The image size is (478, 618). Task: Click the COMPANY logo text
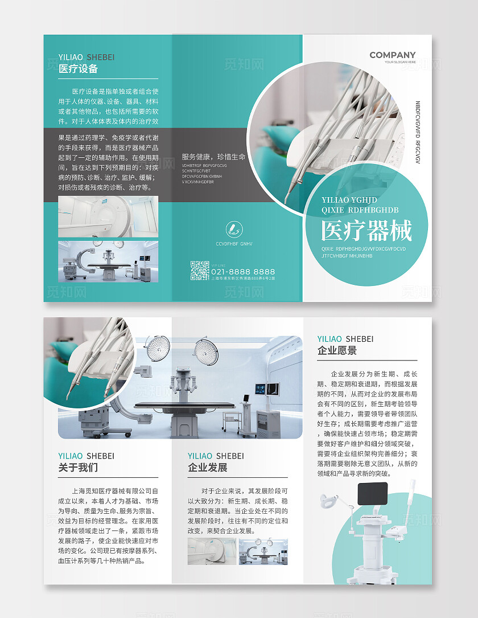coord(392,55)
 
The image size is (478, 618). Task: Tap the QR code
coord(200,271)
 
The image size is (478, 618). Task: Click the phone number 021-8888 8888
coord(243,272)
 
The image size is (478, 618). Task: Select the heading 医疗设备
coord(79,69)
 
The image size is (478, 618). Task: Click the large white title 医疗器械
coord(366,231)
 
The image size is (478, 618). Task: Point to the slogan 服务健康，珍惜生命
coord(213,157)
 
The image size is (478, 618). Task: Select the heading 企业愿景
coord(337,351)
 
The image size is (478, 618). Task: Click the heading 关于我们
coord(79,468)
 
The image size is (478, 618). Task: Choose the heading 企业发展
coord(208,468)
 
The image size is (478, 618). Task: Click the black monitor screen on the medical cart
coord(372,493)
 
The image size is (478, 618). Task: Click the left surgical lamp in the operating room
coord(158,347)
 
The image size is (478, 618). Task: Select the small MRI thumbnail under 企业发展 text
coord(212,551)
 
